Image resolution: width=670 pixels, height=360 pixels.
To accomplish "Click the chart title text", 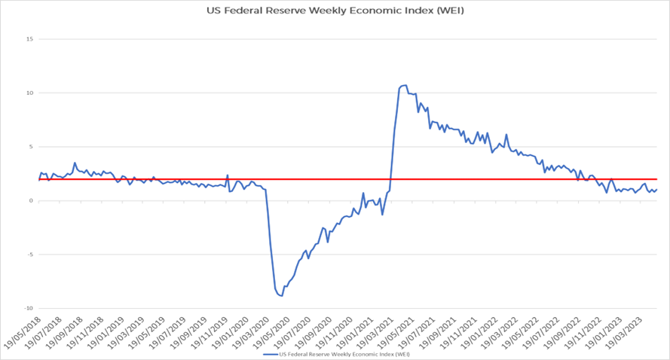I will coord(335,11).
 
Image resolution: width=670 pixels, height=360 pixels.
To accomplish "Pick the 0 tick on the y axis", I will coord(31,200).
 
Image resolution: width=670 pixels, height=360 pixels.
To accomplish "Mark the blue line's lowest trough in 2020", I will coord(281,296).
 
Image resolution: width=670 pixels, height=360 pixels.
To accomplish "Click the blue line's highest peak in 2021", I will coord(405,85).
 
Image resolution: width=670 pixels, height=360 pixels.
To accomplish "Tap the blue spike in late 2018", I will coord(75,163).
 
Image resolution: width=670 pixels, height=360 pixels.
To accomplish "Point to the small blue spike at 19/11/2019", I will coord(228,175).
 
